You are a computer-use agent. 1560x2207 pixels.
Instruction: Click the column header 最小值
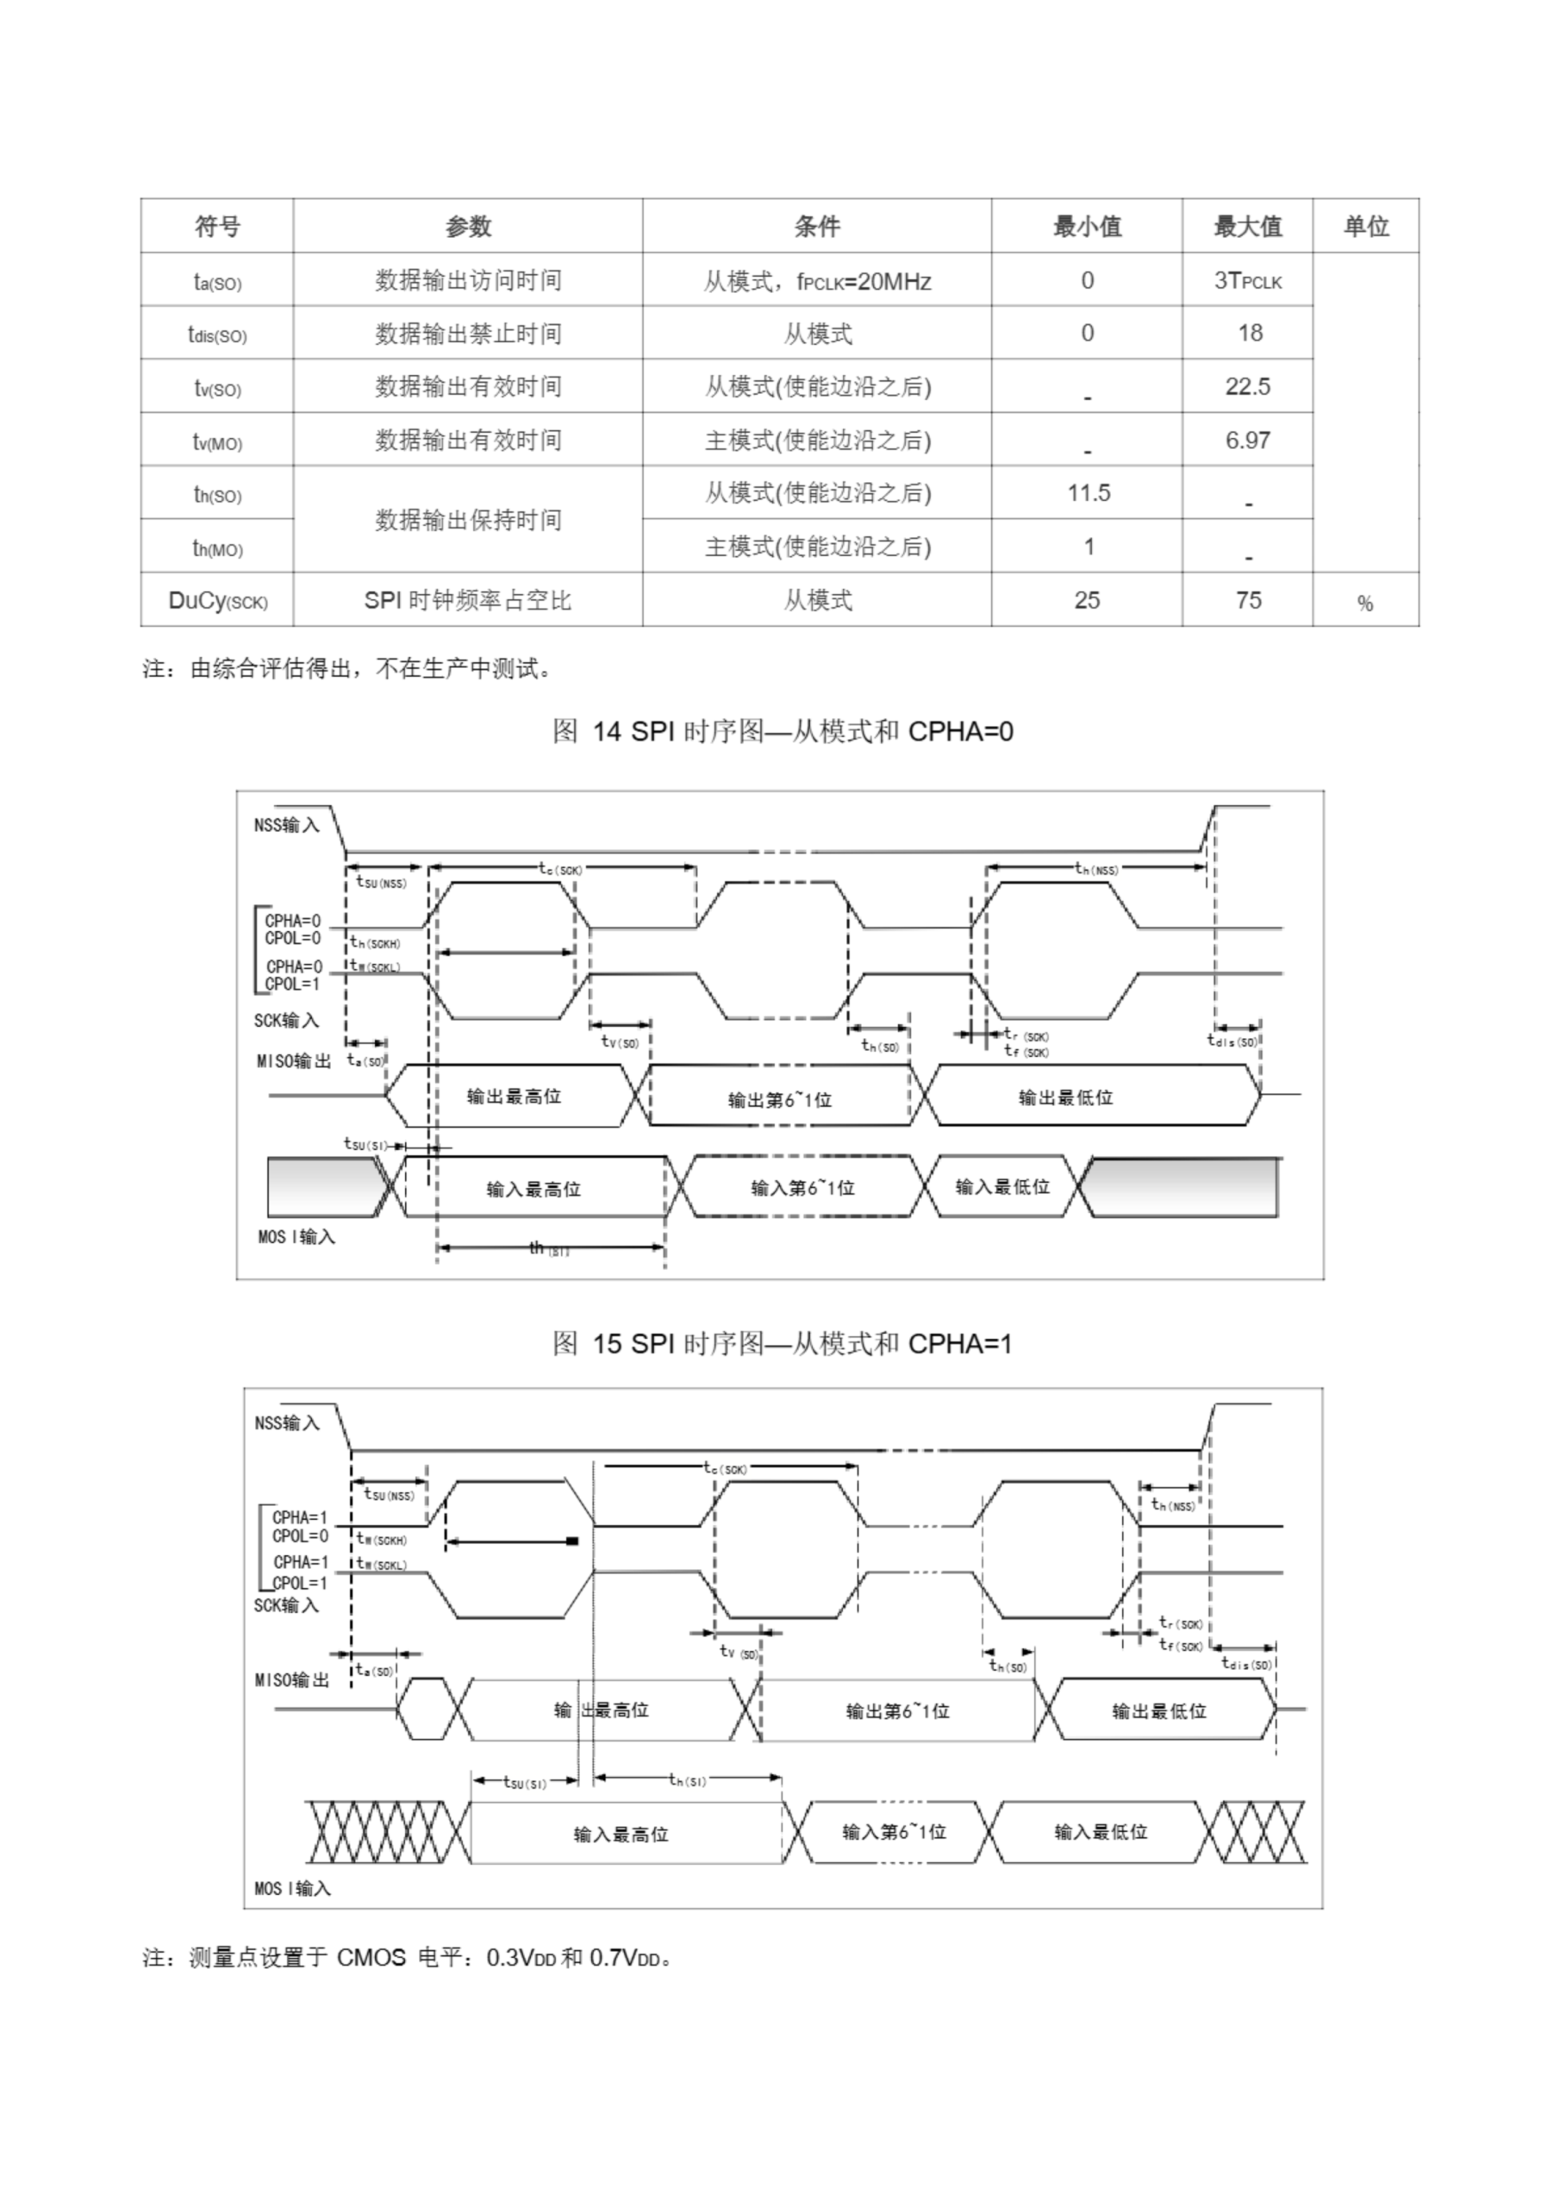click(1086, 227)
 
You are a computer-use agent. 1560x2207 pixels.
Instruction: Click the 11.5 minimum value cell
click(1088, 493)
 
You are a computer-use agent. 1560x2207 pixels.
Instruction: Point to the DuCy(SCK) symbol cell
click(217, 601)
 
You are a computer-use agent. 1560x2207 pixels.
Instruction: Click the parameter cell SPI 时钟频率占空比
click(467, 601)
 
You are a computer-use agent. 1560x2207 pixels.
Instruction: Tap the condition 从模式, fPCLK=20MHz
click(817, 282)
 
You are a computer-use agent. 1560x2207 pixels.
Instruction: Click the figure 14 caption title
click(783, 733)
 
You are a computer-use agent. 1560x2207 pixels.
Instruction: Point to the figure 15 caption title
click(783, 1344)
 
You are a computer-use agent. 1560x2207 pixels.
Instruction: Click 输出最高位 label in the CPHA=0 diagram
click(514, 1097)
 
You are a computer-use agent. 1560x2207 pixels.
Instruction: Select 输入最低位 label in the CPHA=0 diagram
click(1002, 1187)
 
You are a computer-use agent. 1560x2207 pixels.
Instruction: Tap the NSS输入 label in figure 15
click(286, 1422)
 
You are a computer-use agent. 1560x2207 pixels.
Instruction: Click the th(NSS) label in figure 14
click(1095, 869)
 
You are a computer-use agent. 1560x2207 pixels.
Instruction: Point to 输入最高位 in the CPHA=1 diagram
click(620, 1834)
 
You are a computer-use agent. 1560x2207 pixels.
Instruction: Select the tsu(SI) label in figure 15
click(524, 1781)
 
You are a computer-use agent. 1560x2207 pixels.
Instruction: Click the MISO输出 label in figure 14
click(293, 1061)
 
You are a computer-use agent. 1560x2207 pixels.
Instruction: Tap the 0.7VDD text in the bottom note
click(625, 1958)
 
